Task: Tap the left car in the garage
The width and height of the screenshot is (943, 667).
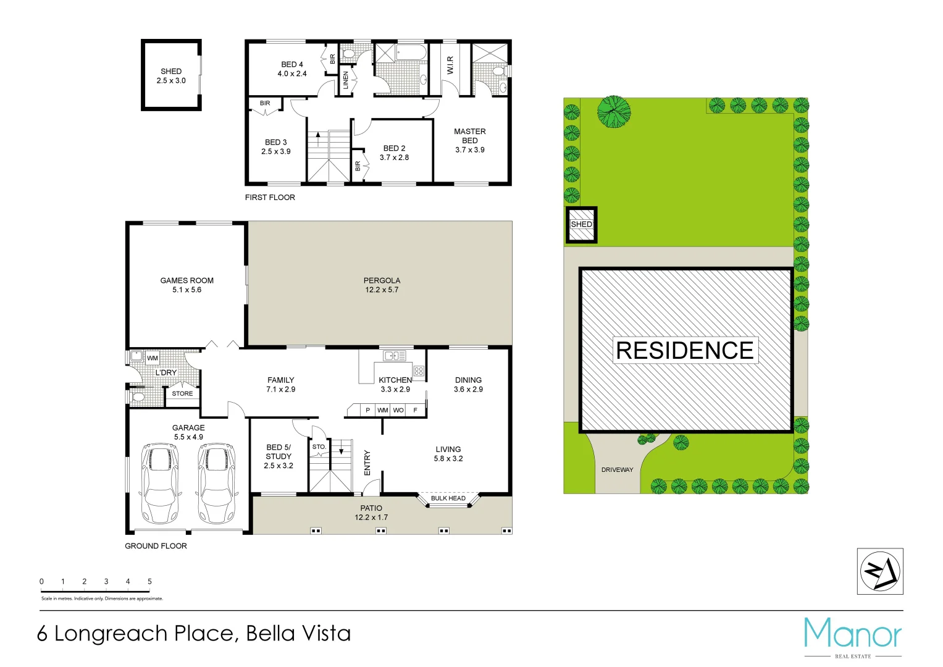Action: [x=160, y=482]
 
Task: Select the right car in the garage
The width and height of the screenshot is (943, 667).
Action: [x=216, y=482]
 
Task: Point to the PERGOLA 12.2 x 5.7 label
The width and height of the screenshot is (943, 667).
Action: [x=382, y=285]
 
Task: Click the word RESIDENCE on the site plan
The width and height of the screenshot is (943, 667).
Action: [x=685, y=351]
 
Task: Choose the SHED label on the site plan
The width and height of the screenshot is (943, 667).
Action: [x=581, y=224]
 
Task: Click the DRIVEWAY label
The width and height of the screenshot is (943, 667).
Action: [x=617, y=470]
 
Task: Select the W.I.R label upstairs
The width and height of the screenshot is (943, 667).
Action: [x=450, y=65]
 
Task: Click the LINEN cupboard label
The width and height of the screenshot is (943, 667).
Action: [x=346, y=80]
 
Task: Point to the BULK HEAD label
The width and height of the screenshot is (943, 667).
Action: [x=448, y=498]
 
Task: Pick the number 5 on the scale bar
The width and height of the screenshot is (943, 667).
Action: [x=149, y=581]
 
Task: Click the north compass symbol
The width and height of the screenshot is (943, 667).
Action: [x=880, y=571]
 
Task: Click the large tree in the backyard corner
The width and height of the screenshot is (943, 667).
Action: [x=614, y=112]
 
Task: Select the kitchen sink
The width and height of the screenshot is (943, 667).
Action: [x=394, y=356]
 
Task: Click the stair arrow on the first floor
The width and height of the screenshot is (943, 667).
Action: [x=318, y=137]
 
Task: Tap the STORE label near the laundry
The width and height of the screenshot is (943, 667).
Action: [x=182, y=393]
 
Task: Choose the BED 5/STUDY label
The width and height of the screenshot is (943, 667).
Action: [x=279, y=456]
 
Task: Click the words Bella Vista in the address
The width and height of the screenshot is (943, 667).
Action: [x=298, y=634]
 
